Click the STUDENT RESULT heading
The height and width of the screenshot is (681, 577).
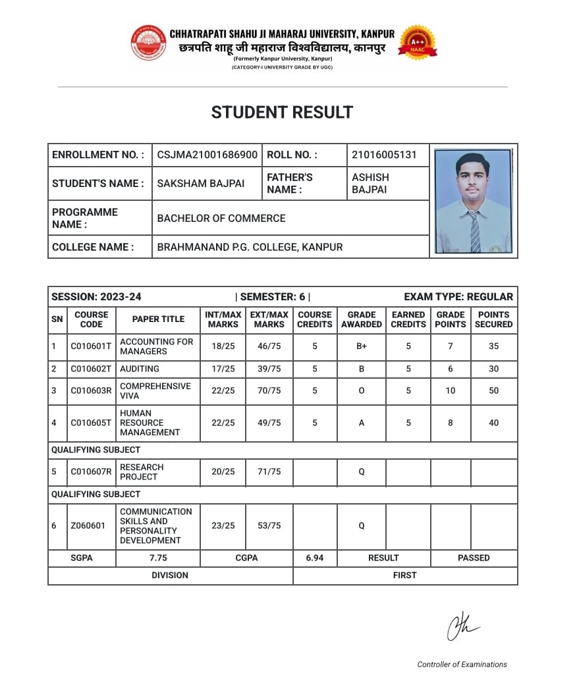[x=282, y=113]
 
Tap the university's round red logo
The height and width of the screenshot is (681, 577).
[x=148, y=43]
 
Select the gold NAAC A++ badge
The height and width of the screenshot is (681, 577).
[x=418, y=43]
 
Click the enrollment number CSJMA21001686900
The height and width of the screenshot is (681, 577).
[x=207, y=155]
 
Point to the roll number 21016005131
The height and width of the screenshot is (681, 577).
[x=384, y=155]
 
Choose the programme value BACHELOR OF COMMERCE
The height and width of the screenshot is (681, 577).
[x=221, y=218]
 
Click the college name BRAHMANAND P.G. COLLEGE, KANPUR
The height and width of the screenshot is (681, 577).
[x=250, y=247]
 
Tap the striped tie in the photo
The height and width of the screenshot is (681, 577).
[x=474, y=231]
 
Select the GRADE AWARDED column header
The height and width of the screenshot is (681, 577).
[x=362, y=319]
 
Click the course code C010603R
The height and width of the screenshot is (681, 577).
[x=91, y=391]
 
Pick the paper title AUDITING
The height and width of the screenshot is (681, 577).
[x=140, y=369]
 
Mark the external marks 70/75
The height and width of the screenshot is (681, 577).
[x=269, y=391]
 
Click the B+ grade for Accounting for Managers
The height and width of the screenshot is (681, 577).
[x=362, y=346]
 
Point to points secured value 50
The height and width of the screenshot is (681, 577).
[x=494, y=391]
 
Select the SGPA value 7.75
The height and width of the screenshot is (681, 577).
[x=158, y=558]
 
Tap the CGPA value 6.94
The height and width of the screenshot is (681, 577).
[x=315, y=558]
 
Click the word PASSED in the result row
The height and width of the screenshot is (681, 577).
[x=474, y=558]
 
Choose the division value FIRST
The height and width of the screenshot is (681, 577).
[x=404, y=575]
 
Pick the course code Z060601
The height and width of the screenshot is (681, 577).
[x=88, y=526]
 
